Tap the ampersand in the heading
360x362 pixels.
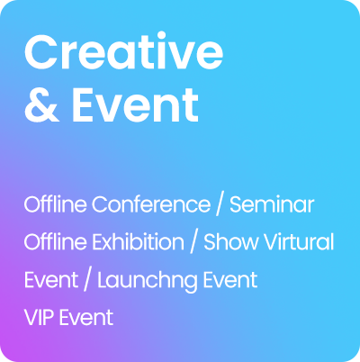[x=40, y=106]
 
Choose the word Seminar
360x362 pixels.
[x=272, y=204]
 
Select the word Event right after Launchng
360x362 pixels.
[x=227, y=280]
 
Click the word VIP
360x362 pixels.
[x=39, y=318]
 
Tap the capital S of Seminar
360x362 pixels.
[x=236, y=204]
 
